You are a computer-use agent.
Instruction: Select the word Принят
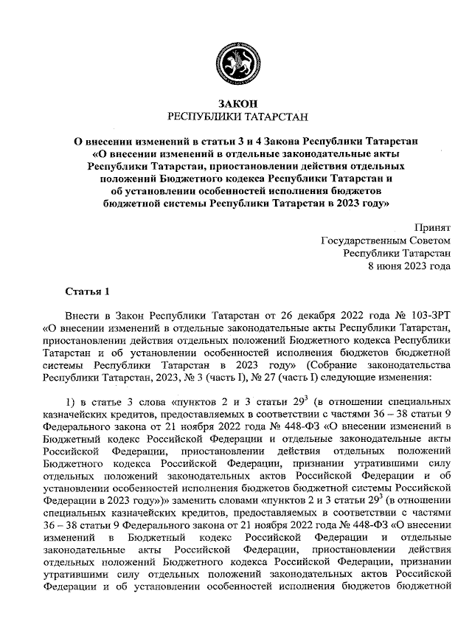(x=431, y=228)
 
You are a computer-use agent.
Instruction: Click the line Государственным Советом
(x=386, y=241)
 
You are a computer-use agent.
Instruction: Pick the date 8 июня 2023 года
(x=409, y=267)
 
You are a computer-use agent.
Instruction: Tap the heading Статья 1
(x=87, y=288)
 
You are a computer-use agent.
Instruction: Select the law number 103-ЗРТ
(x=428, y=314)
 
